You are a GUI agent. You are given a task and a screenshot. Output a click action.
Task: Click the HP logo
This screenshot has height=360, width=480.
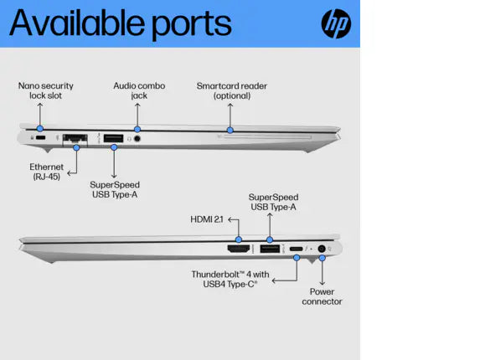tap(336, 23)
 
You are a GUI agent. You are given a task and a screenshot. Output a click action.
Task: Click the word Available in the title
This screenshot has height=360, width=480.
tap(77, 23)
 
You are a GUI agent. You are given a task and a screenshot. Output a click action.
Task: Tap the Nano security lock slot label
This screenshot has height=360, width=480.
tap(45, 90)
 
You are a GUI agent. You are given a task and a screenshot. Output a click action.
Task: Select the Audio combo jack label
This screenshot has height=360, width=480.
tap(139, 90)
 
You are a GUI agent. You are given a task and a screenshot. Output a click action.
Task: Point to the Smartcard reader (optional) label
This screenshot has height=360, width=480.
tap(232, 91)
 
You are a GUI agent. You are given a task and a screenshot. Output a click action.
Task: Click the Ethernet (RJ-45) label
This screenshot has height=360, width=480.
tap(47, 172)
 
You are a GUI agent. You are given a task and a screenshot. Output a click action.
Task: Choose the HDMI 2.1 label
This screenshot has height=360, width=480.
tap(207, 219)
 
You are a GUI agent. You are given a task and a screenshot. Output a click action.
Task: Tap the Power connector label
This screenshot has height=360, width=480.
tap(322, 296)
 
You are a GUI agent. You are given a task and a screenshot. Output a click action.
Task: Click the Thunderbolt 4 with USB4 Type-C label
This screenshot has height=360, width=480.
tap(230, 279)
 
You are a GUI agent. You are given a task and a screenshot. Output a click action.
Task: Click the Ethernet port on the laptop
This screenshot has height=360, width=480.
tap(75, 139)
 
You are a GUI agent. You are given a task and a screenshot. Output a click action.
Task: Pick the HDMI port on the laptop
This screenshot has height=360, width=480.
tap(239, 249)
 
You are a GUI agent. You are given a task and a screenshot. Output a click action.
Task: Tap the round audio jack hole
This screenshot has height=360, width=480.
tap(137, 138)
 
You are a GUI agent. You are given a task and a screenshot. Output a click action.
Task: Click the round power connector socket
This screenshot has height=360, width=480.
tap(322, 249)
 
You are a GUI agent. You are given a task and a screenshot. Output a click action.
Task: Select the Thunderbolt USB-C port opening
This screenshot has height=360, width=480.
tap(296, 249)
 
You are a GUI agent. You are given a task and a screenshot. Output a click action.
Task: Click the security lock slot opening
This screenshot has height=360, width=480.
tap(40, 137)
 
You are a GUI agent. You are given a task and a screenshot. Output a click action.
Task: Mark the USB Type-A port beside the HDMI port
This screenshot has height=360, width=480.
tap(270, 249)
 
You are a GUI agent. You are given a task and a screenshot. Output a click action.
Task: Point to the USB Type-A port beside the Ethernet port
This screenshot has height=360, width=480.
tap(114, 138)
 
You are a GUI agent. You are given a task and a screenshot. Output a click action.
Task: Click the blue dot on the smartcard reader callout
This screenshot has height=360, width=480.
tap(230, 131)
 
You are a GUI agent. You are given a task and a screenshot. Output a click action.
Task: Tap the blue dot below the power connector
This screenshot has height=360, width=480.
tap(322, 258)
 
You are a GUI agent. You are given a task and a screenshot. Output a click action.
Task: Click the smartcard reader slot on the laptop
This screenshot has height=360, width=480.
tap(267, 137)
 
